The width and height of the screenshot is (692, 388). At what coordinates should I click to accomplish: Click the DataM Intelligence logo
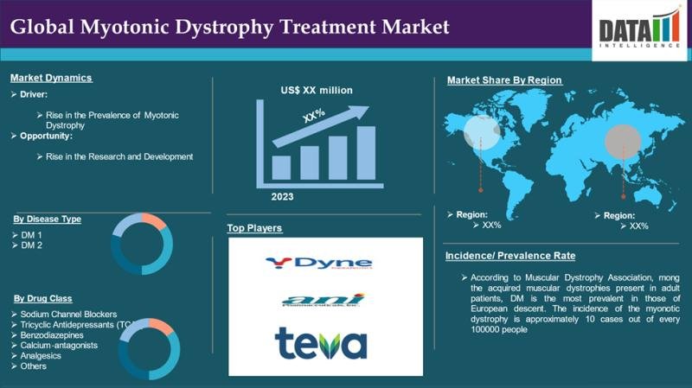(x=639, y=27)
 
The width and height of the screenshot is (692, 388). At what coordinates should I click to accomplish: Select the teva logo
(x=321, y=342)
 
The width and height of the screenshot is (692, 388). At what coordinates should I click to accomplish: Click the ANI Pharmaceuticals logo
(x=323, y=300)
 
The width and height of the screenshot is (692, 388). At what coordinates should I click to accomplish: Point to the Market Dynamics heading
(x=51, y=78)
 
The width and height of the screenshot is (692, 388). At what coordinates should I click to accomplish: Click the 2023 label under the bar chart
(x=282, y=196)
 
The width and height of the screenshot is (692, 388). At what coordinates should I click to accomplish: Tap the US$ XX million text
(x=317, y=90)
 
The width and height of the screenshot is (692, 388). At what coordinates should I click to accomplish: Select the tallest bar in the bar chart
(x=366, y=153)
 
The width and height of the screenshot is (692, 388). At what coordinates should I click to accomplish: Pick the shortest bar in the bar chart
(x=281, y=167)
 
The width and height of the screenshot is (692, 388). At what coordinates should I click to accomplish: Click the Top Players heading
(x=255, y=228)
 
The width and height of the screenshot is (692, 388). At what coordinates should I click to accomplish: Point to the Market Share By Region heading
(x=504, y=80)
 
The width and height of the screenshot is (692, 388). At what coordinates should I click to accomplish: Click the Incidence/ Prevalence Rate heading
(x=509, y=256)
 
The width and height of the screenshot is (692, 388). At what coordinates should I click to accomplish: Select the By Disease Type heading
(x=47, y=219)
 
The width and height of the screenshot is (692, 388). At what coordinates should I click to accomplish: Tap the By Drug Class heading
(x=44, y=297)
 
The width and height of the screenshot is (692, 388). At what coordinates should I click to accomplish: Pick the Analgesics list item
(x=43, y=355)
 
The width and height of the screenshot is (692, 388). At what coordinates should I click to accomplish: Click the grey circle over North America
(x=481, y=132)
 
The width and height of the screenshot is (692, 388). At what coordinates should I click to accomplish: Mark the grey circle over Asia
(x=621, y=139)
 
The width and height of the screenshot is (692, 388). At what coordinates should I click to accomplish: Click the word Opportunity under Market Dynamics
(x=46, y=137)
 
